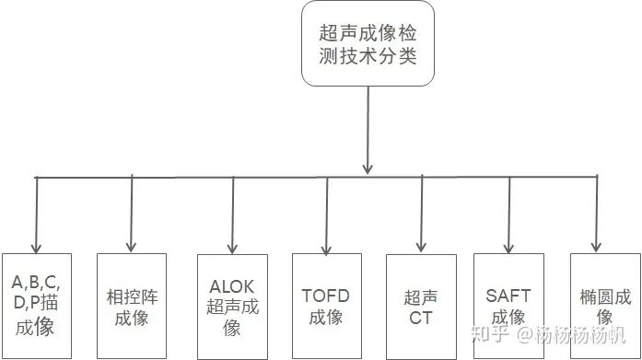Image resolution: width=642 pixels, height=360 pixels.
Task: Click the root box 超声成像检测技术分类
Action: pyautogui.click(x=368, y=44)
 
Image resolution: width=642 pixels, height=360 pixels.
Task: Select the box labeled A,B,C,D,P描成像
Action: pyautogui.click(x=36, y=303)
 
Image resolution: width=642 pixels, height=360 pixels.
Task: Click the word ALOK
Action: pyautogui.click(x=232, y=286)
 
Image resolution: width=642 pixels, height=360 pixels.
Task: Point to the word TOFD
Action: pyautogui.click(x=326, y=296)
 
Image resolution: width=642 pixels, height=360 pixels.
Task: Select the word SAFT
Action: pyautogui.click(x=509, y=296)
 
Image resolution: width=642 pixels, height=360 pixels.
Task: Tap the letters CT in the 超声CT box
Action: pyautogui.click(x=421, y=319)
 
